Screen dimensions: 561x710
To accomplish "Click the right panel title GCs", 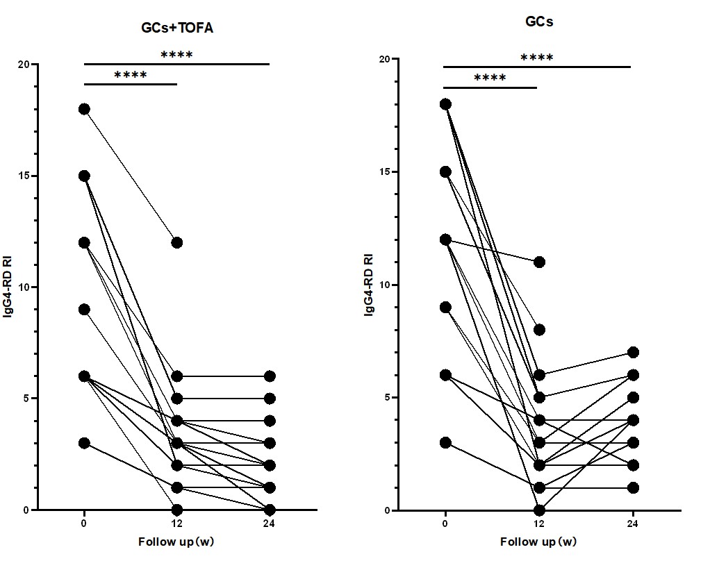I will click(x=539, y=22).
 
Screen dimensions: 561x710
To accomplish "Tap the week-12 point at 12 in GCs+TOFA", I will click(x=176, y=242).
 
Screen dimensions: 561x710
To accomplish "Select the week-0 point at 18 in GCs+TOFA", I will click(x=84, y=109).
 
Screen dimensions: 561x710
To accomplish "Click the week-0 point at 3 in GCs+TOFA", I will click(x=84, y=443).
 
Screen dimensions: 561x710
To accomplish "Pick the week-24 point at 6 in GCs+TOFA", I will click(x=270, y=376).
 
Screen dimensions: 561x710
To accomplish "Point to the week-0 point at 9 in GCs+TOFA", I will click(x=84, y=309).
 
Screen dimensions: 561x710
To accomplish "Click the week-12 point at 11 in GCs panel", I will click(x=538, y=262).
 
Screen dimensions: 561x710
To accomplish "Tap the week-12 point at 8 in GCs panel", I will click(x=538, y=330).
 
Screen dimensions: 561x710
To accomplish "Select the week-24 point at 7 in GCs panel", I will click(x=632, y=352).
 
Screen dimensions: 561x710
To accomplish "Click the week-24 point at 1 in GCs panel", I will click(x=632, y=487).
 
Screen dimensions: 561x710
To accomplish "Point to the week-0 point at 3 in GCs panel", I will click(x=445, y=442).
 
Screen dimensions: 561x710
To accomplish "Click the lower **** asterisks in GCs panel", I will click(x=490, y=78).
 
